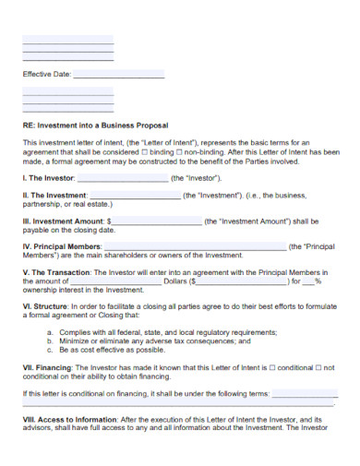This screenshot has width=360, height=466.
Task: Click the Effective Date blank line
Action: click(117, 75)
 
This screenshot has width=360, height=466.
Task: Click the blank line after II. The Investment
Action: click(134, 196)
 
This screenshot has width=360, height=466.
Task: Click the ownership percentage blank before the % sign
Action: click(304, 282)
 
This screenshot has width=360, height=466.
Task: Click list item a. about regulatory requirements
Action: click(160, 331)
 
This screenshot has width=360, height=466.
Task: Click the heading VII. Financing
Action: click(47, 367)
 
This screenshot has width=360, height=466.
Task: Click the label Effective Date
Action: click(45, 75)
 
